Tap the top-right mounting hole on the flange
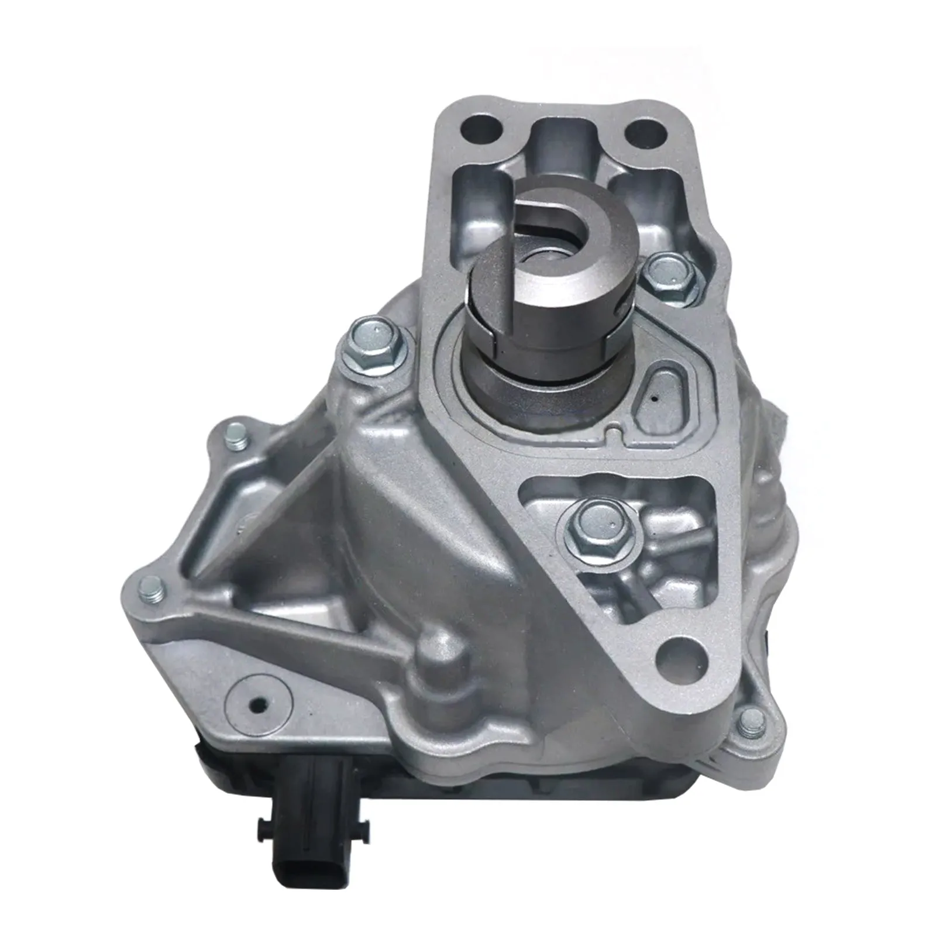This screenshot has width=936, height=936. point(645,132)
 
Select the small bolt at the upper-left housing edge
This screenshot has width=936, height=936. point(236,433)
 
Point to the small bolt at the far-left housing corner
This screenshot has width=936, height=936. point(152,590)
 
